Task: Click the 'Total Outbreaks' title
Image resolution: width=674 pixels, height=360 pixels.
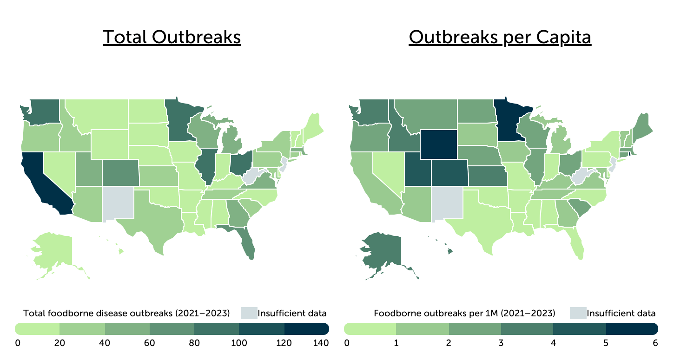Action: [172, 37]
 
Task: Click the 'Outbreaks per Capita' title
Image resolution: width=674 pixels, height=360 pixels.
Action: [500, 37]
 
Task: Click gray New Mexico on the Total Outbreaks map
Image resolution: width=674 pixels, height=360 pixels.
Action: [118, 203]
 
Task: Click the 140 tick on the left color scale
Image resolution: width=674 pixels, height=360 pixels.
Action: [320, 344]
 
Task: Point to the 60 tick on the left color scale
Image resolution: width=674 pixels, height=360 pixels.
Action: [150, 344]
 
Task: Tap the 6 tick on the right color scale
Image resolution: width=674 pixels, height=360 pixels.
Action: [655, 344]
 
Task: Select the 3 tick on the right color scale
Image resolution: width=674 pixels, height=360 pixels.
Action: [501, 344]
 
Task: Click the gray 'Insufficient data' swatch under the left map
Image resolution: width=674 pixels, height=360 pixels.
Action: [248, 313]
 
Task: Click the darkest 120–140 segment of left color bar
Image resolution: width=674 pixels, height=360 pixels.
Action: [306, 329]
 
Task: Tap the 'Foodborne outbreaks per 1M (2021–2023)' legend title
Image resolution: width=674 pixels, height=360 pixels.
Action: [464, 313]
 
